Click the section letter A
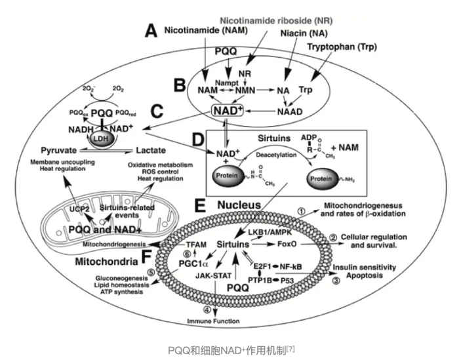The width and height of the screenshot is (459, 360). click(152, 30)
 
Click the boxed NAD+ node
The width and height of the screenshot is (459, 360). click(228, 111)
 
